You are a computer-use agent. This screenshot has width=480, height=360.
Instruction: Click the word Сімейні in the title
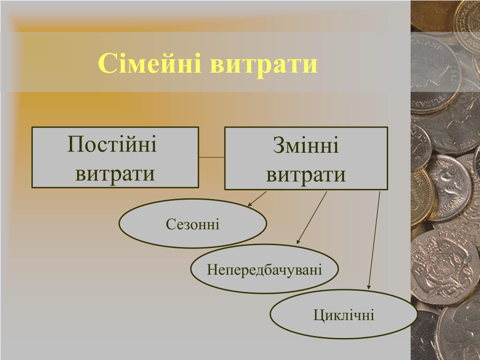pyautogui.click(x=150, y=64)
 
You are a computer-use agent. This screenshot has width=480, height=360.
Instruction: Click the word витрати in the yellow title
pyautogui.click(x=264, y=64)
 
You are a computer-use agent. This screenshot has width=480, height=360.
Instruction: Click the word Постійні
pyautogui.click(x=112, y=143)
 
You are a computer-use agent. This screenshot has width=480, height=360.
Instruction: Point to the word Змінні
pyautogui.click(x=306, y=145)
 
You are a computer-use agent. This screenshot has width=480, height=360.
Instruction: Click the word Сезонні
pyautogui.click(x=193, y=225)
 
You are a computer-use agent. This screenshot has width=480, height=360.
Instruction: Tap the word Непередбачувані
pyautogui.click(x=264, y=270)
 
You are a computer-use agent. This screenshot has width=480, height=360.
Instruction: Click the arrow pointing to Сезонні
pyautogui.click(x=257, y=199)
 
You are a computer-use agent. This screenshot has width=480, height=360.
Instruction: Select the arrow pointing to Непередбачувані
pyautogui.click(x=311, y=218)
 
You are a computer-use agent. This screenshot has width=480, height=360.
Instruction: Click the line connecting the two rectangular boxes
pyautogui.click(x=211, y=157)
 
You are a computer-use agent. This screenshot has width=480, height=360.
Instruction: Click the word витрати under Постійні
pyautogui.click(x=115, y=173)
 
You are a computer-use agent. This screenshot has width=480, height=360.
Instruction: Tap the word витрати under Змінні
pyautogui.click(x=306, y=175)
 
